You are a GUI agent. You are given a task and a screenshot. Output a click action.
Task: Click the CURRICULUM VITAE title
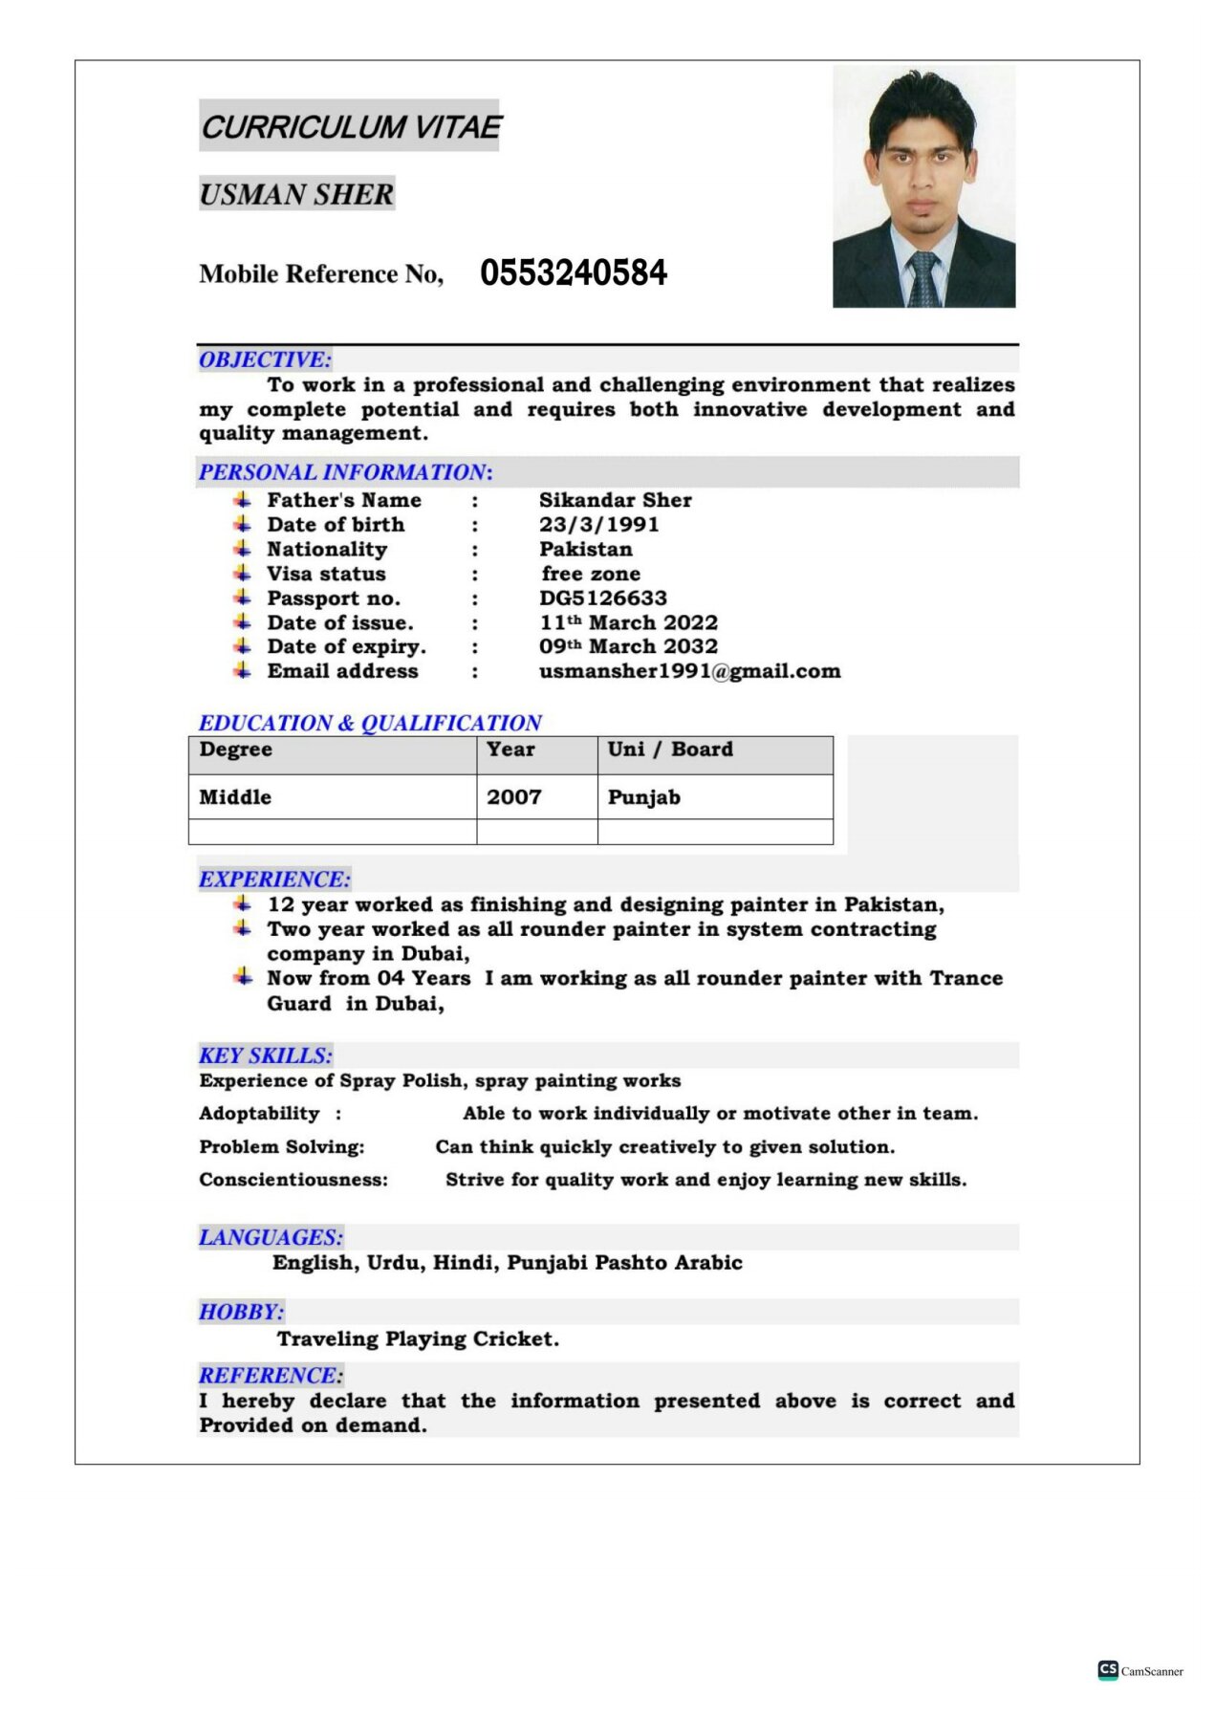350,127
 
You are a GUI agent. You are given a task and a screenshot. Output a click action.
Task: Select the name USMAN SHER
296,195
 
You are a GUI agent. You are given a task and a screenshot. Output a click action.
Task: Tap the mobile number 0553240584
573,273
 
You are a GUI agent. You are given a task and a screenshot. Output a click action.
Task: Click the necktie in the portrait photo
922,278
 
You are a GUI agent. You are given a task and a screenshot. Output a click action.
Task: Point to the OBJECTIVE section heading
265,360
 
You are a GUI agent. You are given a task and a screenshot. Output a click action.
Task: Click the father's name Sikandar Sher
615,500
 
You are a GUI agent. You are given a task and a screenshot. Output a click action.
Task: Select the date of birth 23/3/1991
598,525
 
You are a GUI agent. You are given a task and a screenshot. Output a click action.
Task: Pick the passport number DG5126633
602,598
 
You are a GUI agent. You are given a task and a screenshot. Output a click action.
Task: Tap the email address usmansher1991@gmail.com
689,671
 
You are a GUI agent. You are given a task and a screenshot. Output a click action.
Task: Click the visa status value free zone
591,574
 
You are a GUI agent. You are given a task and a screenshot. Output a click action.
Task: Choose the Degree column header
235,750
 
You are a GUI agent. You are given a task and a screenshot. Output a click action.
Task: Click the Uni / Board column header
670,750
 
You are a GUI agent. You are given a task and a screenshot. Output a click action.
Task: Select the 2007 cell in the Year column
513,797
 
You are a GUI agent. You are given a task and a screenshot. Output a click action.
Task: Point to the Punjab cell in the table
643,797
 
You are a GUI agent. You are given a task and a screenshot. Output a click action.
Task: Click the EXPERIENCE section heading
274,880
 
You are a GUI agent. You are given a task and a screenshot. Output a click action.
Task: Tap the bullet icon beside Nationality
243,549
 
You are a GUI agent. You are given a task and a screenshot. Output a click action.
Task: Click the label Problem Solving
281,1147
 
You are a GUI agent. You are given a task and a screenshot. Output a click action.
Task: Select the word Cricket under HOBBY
522,1339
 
